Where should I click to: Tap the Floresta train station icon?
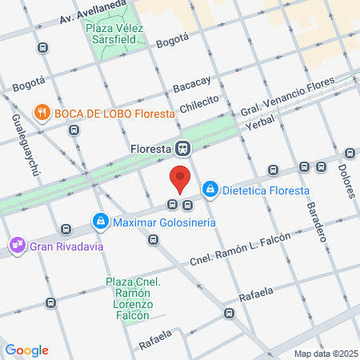(183, 148)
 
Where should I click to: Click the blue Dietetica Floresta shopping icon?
(210, 190)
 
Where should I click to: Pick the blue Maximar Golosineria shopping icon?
(101, 220)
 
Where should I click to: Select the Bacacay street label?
(191, 81)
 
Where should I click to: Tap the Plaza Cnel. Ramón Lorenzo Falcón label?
(133, 298)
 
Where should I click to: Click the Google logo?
(27, 350)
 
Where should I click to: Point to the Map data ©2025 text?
(324, 354)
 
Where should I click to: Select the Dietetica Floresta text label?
(266, 191)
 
